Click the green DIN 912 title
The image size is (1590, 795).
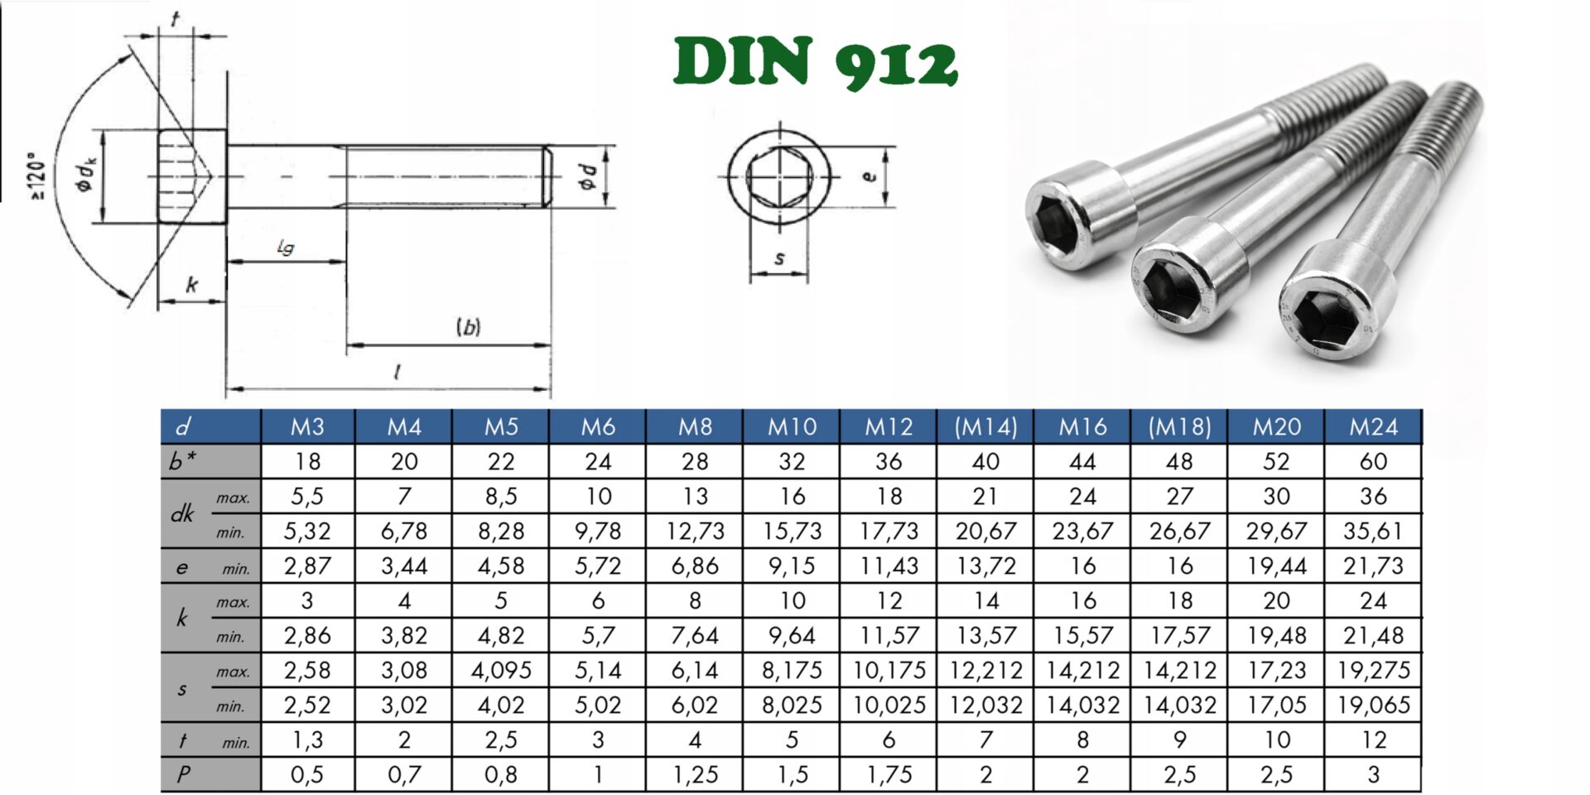click(816, 62)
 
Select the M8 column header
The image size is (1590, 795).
click(695, 426)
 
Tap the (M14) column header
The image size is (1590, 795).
click(985, 426)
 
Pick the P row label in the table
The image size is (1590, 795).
click(183, 774)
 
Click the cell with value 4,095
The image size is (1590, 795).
click(501, 670)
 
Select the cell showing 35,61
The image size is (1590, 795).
click(1373, 531)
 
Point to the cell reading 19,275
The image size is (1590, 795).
click(1373, 670)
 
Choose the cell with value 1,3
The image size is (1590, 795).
click(307, 740)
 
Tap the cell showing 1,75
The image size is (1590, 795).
click(889, 774)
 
